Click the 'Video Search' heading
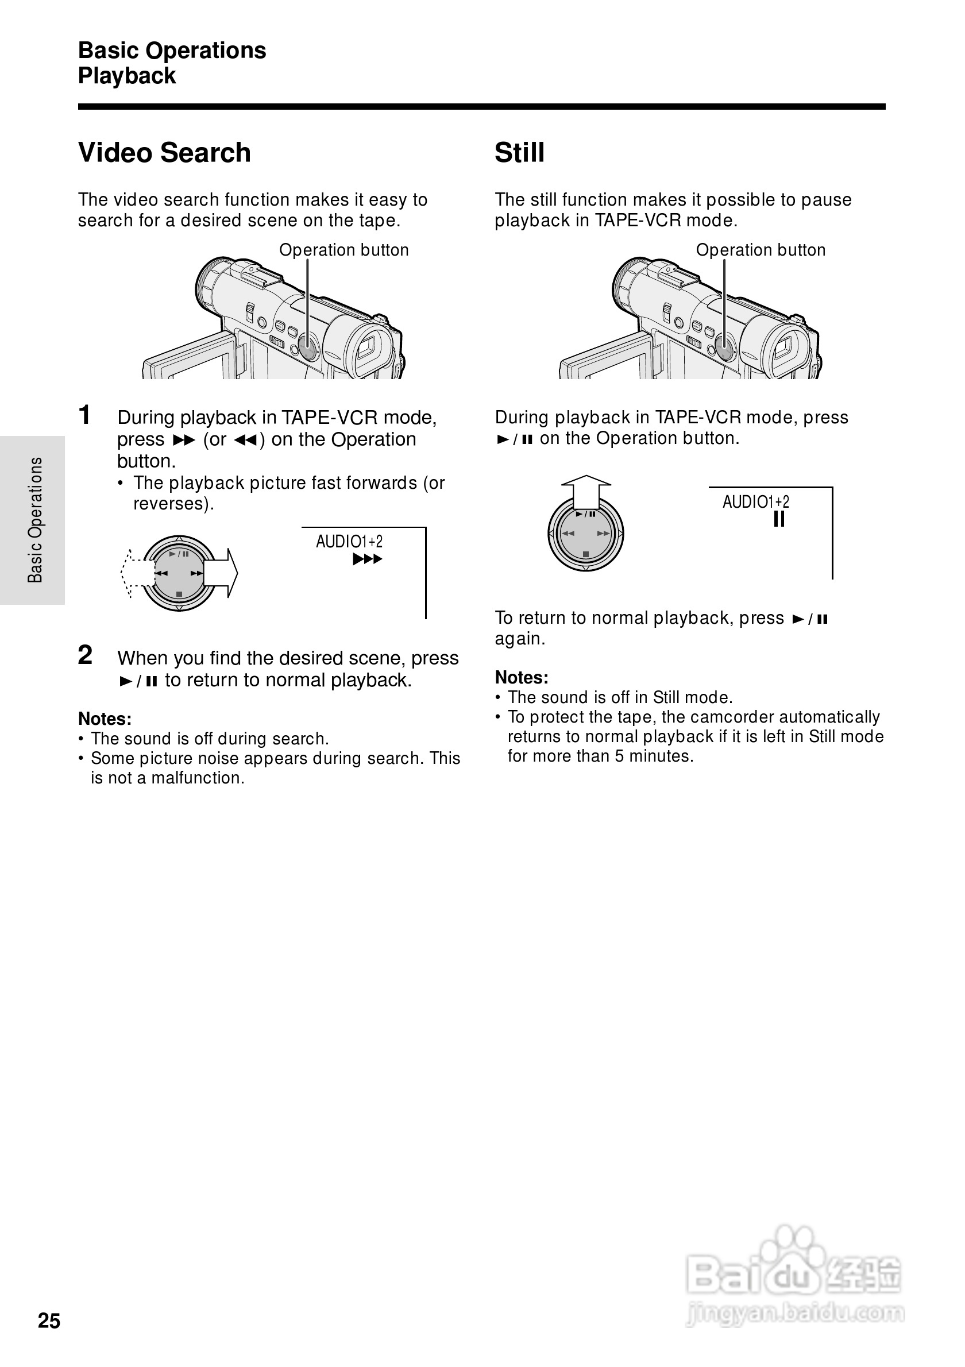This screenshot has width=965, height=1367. click(x=164, y=152)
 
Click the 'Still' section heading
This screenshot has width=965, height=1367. click(x=519, y=152)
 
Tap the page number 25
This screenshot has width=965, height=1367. click(x=49, y=1320)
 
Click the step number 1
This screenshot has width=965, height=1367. click(x=85, y=415)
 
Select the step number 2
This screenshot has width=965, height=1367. click(x=85, y=655)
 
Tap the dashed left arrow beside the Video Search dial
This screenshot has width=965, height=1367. click(x=134, y=573)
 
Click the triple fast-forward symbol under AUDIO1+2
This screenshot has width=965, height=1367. click(x=367, y=559)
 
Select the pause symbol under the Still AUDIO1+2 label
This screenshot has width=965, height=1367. click(x=779, y=520)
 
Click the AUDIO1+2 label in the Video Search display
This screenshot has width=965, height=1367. click(x=349, y=542)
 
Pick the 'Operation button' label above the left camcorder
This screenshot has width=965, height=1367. click(x=343, y=250)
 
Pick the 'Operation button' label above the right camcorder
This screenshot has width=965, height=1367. click(x=760, y=250)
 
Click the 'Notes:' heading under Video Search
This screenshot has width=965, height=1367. click(x=105, y=719)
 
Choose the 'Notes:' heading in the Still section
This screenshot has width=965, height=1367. click(x=522, y=678)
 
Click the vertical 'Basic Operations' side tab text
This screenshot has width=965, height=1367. click(x=35, y=520)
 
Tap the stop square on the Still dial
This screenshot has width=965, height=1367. click(x=586, y=554)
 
